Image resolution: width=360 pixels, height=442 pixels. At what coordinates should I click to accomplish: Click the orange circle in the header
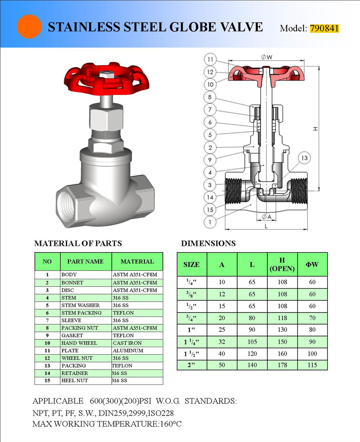29,27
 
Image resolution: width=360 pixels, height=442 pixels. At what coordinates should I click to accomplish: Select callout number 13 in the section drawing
304,158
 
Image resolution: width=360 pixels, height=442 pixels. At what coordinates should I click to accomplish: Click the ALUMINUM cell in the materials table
128,350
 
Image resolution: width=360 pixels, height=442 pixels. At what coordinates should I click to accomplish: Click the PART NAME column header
85,261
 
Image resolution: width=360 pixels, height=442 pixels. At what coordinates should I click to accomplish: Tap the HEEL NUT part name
75,380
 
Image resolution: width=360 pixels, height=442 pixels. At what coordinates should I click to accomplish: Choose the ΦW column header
312,264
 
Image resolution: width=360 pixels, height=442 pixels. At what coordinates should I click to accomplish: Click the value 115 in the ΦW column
312,365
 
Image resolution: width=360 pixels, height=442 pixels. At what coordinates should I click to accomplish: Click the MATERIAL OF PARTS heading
78,244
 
